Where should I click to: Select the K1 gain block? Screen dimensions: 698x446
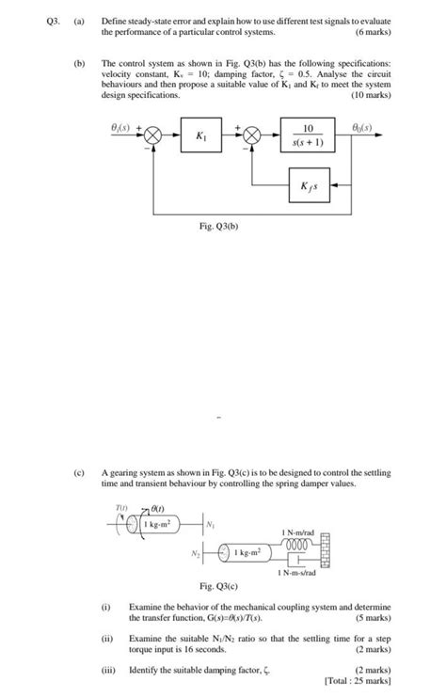(201, 136)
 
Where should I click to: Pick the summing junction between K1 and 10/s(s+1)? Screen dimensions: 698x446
(252, 136)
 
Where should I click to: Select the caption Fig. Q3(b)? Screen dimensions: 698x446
(219, 227)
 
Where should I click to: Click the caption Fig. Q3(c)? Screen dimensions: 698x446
(219, 585)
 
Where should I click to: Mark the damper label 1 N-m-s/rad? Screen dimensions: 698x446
(300, 573)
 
